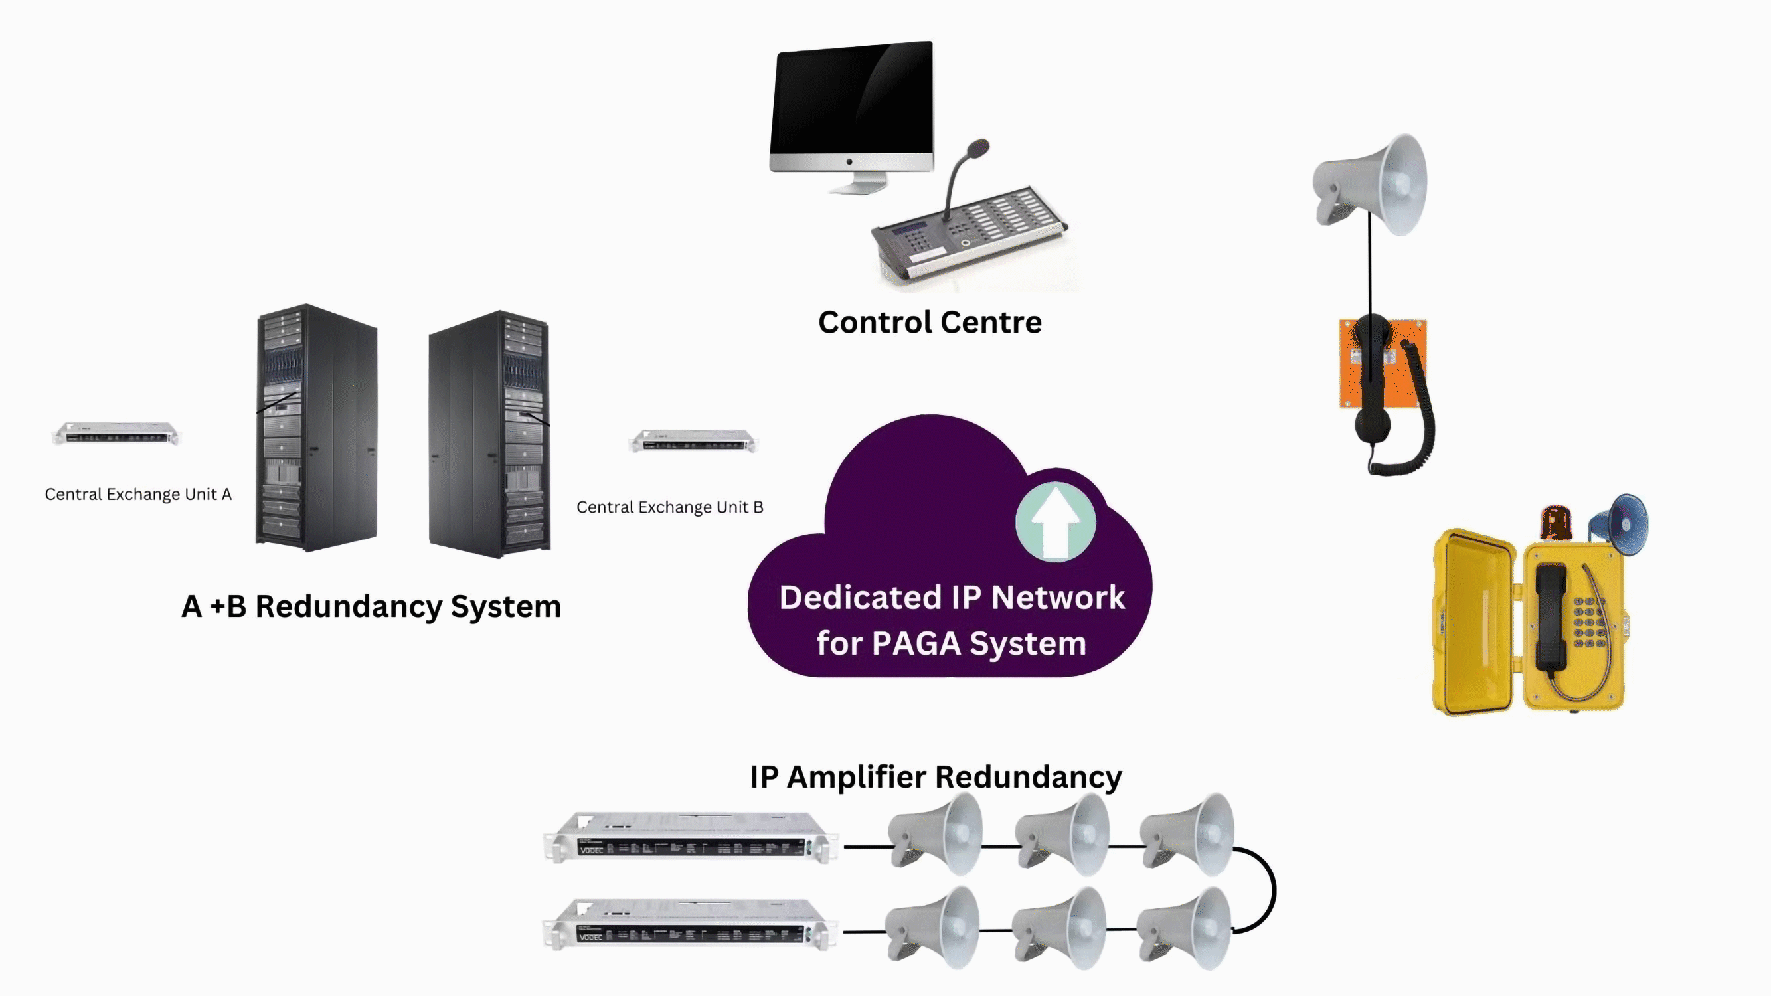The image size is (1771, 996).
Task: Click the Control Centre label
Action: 930,323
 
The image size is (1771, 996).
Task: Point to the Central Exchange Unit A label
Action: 137,494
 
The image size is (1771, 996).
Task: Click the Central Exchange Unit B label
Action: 669,507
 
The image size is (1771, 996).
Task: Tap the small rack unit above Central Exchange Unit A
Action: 115,434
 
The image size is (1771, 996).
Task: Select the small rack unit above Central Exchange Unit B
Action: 693,441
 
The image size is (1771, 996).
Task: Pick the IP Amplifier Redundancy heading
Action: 935,777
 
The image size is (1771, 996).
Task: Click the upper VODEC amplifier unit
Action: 689,837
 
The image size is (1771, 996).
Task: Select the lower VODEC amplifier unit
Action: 689,924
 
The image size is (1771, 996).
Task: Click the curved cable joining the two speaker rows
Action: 1272,890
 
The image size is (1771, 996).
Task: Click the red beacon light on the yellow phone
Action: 1556,523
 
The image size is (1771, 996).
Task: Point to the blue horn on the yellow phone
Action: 1623,524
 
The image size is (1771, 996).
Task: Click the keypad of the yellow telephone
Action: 1589,622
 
